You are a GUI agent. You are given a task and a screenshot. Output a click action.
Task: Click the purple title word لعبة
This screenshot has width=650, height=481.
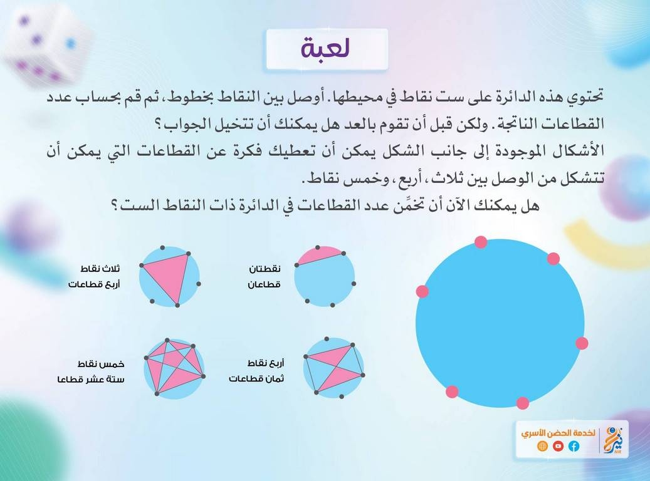tap(326, 48)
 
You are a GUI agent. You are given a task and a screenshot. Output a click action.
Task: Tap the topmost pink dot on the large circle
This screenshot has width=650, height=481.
tap(481, 242)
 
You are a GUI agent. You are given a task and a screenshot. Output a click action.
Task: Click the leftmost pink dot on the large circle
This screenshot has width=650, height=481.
tap(422, 291)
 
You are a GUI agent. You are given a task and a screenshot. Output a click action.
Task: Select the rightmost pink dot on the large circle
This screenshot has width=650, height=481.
tap(582, 343)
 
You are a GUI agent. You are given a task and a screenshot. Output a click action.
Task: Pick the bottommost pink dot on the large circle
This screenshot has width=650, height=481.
tap(522, 403)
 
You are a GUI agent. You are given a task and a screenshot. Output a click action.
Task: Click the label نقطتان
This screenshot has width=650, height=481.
tap(265, 269)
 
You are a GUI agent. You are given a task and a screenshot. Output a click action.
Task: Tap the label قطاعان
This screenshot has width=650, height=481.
tap(264, 284)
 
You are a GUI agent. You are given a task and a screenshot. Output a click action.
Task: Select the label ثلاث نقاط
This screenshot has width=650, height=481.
tap(100, 269)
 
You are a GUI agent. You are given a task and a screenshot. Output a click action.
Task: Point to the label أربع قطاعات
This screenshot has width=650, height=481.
tap(94, 284)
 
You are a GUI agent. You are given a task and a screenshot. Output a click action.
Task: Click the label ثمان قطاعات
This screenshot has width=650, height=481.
tap(256, 379)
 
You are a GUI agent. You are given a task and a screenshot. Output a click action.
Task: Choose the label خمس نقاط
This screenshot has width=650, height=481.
tap(101, 364)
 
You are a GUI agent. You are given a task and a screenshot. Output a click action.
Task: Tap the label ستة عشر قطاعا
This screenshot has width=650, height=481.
tap(91, 379)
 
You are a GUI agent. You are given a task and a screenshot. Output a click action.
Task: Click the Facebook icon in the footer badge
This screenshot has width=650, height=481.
tap(574, 446)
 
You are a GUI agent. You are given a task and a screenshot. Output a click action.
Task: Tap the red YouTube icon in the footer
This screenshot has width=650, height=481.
tap(558, 446)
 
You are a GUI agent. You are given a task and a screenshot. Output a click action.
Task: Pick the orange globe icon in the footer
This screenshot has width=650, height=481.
tap(542, 446)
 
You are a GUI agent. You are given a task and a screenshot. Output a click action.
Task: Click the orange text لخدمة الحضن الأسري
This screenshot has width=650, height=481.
tap(558, 433)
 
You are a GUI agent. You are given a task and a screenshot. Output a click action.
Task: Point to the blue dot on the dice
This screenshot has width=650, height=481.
tap(71, 43)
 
